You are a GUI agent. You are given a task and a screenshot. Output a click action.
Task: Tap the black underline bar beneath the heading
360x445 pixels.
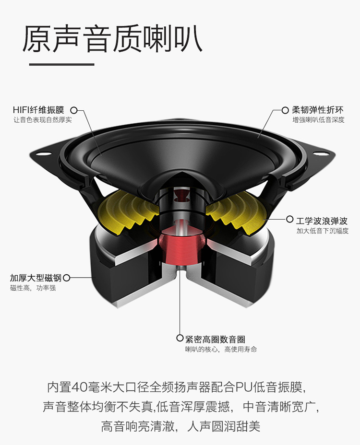tap(61, 64)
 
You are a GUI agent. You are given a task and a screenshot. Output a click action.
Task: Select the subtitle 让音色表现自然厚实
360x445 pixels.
tap(43, 119)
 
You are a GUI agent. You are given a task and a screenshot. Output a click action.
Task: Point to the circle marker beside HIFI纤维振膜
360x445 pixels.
tap(74, 110)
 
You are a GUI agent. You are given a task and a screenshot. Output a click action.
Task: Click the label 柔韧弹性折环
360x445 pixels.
tap(318, 110)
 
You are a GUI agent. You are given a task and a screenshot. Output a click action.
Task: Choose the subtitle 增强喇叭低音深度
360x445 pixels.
tap(319, 119)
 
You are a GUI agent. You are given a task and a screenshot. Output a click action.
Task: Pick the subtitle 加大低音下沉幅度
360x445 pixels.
tap(322, 231)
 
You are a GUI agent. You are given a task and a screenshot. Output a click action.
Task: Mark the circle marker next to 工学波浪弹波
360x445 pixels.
tap(289, 219)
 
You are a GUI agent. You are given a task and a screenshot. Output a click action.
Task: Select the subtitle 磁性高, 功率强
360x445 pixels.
tap(33, 288)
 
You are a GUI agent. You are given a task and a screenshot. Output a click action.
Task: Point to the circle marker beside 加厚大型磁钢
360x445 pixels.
tap(67, 278)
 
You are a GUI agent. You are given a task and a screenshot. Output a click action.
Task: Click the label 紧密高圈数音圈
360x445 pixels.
tap(216, 339)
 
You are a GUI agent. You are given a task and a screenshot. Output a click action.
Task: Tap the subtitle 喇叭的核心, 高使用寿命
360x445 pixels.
tap(221, 349)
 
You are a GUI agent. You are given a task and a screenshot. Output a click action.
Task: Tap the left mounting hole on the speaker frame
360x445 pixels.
tap(46, 154)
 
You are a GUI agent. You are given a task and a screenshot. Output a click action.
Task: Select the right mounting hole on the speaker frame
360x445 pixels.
tap(319, 153)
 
